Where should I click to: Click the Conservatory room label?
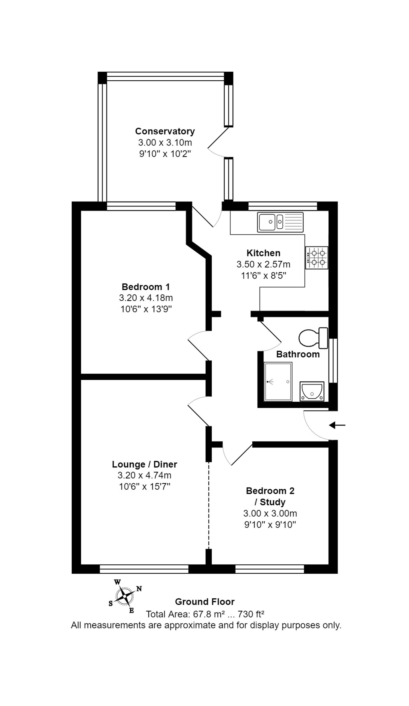pos(165,131)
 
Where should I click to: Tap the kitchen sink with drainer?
pos(280,222)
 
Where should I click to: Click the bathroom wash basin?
pos(311,391)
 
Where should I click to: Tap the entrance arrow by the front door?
pos(337,425)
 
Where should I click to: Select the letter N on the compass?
pos(139,589)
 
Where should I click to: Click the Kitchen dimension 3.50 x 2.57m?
pos(263,264)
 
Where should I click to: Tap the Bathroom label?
pos(298,354)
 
